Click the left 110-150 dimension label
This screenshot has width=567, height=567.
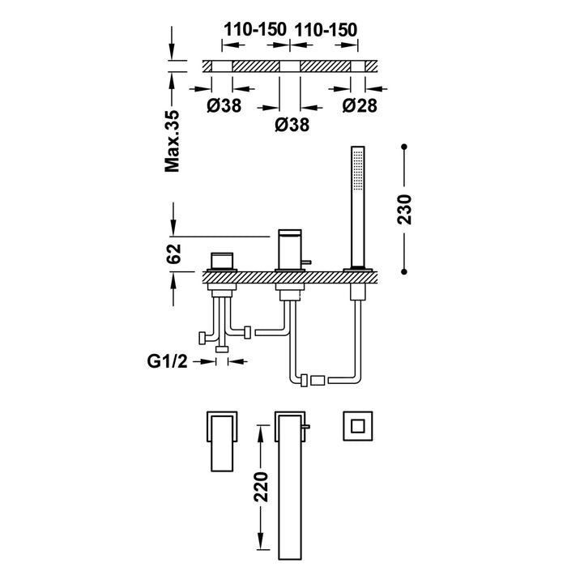pos(255,29)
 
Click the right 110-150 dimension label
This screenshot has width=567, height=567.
pos(326,29)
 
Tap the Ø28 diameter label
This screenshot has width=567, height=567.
pos(360,104)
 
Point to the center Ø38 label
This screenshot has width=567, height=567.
pos(291,125)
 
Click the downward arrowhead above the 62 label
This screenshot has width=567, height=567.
pos(173,230)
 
